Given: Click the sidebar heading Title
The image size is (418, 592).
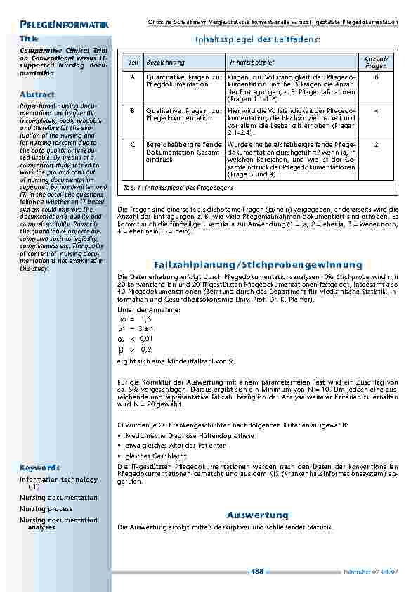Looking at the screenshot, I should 29,39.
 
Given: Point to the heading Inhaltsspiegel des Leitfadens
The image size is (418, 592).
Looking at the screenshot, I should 256,40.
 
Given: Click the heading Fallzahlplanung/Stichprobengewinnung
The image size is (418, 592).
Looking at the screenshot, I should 258,264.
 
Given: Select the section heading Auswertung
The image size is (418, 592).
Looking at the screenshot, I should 257,515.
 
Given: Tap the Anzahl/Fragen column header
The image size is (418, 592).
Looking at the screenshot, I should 377,62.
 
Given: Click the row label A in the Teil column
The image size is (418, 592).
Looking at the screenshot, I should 133,77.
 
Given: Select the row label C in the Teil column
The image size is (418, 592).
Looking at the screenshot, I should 133,143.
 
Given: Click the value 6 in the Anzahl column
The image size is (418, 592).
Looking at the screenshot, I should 377,77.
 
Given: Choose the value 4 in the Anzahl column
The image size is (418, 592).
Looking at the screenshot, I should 377,110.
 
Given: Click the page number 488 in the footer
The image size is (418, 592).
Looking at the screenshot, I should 257,571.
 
